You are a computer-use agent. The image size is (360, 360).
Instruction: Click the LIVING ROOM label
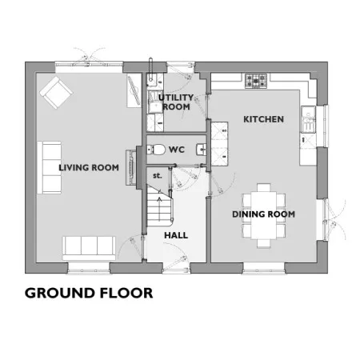click(89, 167)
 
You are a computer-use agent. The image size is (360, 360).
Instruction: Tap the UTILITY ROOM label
click(176, 102)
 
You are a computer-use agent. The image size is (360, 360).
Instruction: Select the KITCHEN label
click(263, 119)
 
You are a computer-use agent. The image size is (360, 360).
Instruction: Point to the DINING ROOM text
click(263, 214)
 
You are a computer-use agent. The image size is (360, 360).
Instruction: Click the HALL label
click(176, 235)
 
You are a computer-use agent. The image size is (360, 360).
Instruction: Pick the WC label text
click(177, 150)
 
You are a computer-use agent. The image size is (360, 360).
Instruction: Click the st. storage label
click(158, 176)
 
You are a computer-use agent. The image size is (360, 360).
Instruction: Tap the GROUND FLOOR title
click(89, 293)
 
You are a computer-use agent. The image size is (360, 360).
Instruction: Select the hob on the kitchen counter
click(256, 81)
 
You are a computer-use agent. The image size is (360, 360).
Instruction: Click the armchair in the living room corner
click(56, 93)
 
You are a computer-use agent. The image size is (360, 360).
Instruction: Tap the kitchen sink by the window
click(309, 119)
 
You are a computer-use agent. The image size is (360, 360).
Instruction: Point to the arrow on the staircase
click(159, 209)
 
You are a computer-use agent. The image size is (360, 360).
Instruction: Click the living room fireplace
click(131, 167)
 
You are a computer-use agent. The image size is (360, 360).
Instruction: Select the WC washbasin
click(202, 150)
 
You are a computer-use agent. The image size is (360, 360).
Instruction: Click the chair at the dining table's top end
click(264, 187)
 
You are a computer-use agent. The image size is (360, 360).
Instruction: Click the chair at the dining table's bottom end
click(264, 243)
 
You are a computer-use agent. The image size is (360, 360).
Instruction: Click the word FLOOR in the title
click(126, 293)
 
